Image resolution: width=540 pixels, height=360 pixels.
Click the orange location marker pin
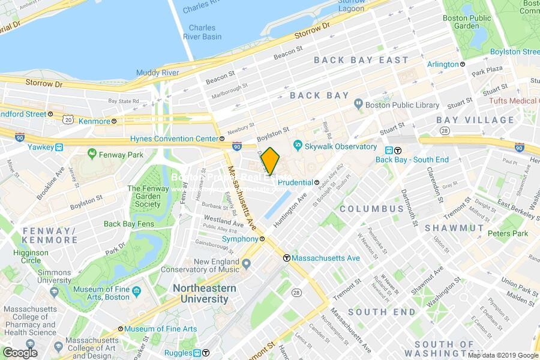coord(270,160)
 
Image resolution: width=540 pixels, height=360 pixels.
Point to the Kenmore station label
coord(94,121)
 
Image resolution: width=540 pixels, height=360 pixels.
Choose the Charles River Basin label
coord(202,32)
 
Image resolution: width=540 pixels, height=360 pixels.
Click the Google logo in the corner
coord(20,352)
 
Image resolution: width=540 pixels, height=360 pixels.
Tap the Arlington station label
coord(443,64)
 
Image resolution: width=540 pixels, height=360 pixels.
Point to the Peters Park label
coord(508,233)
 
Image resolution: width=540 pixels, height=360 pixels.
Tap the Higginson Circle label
coord(31,257)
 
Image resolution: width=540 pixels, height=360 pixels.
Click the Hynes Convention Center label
coord(174,139)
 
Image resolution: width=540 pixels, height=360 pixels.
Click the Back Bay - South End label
coord(403,159)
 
